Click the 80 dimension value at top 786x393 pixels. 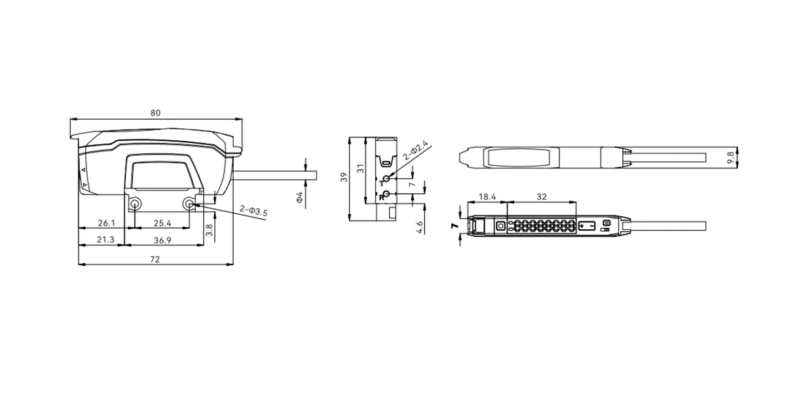pos(155,113)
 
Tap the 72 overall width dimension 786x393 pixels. pos(155,259)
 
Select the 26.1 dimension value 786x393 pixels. pos(106,223)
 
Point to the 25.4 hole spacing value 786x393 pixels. pos(162,223)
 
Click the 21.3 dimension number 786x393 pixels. pos(105,240)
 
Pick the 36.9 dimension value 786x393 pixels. pos(162,240)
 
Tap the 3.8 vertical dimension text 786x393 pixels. pos(209,230)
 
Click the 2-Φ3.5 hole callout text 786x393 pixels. pos(253,211)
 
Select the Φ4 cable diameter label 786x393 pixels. pos(299,197)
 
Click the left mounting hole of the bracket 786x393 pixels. pos(135,204)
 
